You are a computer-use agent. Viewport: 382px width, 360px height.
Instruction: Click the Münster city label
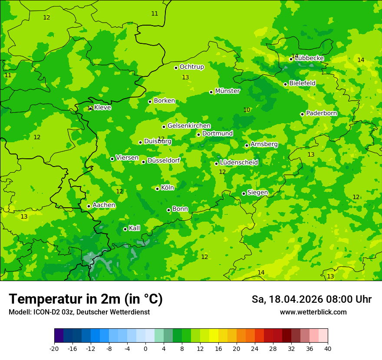(227, 91)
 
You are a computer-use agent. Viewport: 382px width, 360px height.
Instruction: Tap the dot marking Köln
(157, 189)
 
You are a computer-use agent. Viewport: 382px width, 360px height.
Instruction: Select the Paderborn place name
(322, 113)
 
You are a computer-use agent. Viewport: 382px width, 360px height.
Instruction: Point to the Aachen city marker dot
(89, 206)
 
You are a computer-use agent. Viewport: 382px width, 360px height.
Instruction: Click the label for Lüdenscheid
(239, 163)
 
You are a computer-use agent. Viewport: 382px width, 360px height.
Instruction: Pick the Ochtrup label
(192, 67)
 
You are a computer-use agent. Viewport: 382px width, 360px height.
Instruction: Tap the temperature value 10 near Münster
(247, 110)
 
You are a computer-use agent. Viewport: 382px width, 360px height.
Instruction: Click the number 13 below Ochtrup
(185, 78)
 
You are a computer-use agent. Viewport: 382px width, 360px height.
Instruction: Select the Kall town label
(135, 228)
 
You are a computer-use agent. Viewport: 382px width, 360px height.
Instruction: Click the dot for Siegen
(244, 193)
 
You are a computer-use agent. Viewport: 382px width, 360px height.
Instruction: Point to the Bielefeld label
(302, 83)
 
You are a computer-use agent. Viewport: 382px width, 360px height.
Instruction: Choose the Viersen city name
(127, 158)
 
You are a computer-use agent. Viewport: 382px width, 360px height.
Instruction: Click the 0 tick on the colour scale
(145, 349)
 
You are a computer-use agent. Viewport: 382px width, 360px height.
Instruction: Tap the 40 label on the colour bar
(328, 349)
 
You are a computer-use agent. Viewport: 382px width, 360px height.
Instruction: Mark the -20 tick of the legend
(54, 349)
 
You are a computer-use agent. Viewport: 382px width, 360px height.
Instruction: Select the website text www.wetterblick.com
(313, 312)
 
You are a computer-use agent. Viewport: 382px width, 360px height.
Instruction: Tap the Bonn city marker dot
(168, 210)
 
